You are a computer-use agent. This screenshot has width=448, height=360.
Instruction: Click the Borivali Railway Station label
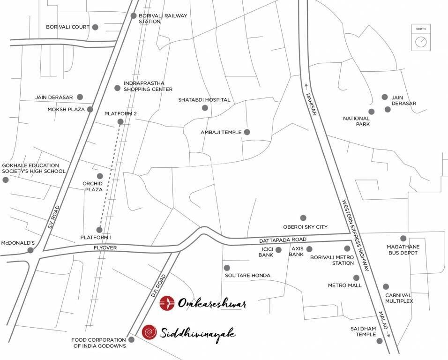click(x=163, y=18)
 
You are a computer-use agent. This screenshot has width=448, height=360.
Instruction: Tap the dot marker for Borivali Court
click(x=95, y=27)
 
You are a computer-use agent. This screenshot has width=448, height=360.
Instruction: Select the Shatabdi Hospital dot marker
click(x=205, y=108)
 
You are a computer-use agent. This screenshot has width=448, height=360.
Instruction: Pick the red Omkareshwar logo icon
click(x=167, y=303)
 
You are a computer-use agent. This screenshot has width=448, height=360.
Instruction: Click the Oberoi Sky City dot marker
click(x=303, y=218)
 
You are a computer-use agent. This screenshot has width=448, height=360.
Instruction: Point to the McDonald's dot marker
click(x=30, y=250)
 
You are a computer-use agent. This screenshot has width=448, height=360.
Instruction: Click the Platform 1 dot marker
click(x=99, y=230)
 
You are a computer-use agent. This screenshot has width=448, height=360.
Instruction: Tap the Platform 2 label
click(x=120, y=113)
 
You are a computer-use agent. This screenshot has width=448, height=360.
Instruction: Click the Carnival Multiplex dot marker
click(x=386, y=286)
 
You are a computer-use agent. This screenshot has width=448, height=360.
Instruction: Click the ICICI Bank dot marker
click(x=278, y=250)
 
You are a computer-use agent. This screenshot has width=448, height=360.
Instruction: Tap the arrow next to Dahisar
click(x=306, y=85)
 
